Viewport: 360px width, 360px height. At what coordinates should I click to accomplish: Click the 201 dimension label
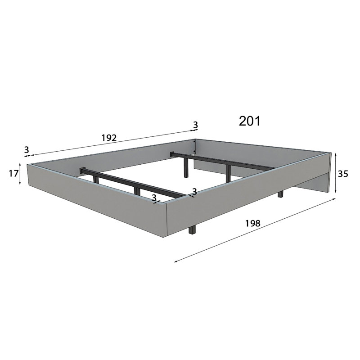click(250, 121)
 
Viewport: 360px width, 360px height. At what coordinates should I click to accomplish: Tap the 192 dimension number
click(109, 138)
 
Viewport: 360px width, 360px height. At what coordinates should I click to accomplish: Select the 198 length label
click(253, 223)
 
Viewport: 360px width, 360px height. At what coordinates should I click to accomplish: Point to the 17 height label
click(13, 174)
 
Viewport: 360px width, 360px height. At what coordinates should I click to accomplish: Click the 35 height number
click(343, 174)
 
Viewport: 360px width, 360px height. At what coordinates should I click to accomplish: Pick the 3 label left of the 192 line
click(27, 150)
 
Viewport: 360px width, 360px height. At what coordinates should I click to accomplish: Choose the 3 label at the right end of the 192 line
click(195, 125)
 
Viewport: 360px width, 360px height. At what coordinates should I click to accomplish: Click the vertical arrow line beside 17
click(20, 174)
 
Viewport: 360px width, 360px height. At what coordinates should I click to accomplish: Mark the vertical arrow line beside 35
click(335, 173)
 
